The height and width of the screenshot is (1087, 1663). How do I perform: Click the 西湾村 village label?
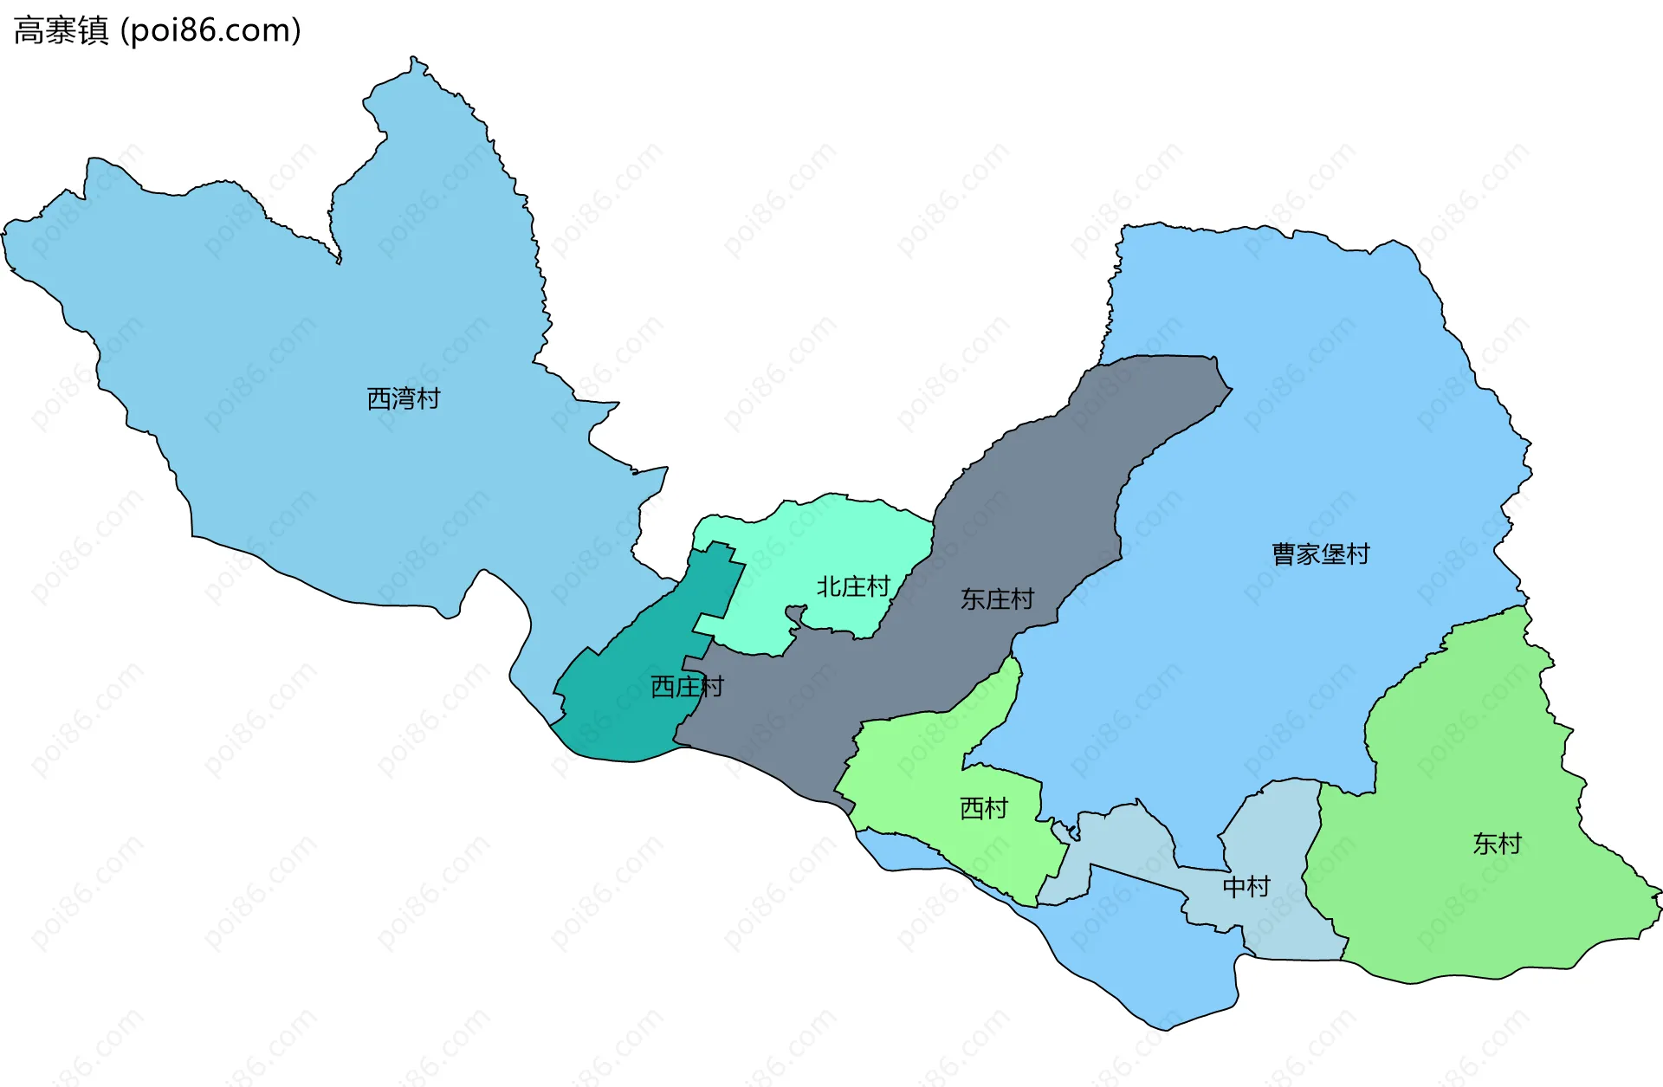[x=404, y=398]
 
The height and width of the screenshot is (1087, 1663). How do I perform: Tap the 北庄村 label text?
[x=853, y=586]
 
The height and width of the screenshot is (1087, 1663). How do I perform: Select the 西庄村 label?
[x=687, y=687]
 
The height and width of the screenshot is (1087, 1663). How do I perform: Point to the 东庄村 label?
[x=997, y=598]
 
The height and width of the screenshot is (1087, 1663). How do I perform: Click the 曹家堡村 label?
[x=1320, y=554]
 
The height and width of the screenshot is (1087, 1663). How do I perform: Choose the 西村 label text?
[x=984, y=808]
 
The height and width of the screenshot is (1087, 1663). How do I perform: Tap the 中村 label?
[x=1246, y=886]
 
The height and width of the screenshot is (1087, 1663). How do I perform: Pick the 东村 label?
[x=1497, y=844]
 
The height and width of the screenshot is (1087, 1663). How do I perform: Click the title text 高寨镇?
[x=61, y=31]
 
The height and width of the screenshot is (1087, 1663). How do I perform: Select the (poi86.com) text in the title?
[x=210, y=31]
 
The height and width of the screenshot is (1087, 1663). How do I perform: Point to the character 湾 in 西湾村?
[x=404, y=398]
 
